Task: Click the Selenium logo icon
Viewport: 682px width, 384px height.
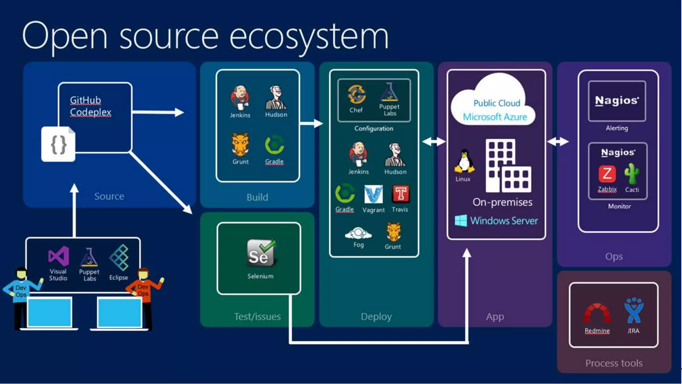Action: pyautogui.click(x=261, y=253)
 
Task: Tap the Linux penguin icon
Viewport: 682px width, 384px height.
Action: pyautogui.click(x=464, y=162)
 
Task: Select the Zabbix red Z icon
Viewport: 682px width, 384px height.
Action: pyautogui.click(x=607, y=174)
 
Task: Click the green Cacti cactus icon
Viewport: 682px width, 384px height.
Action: pyautogui.click(x=631, y=173)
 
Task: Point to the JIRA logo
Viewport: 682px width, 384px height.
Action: pyautogui.click(x=634, y=310)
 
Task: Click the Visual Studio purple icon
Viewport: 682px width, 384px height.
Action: pyautogui.click(x=59, y=256)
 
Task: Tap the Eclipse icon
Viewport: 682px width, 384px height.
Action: pyautogui.click(x=119, y=257)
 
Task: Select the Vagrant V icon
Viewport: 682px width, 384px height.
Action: pyautogui.click(x=373, y=194)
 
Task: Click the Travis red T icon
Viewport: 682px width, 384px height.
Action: pyautogui.click(x=401, y=194)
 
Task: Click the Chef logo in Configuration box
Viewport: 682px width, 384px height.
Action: pyautogui.click(x=356, y=94)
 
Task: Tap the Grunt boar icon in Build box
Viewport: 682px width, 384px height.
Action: pyautogui.click(x=240, y=145)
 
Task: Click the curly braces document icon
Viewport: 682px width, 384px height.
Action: pyautogui.click(x=58, y=144)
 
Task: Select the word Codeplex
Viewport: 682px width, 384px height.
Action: pyautogui.click(x=91, y=112)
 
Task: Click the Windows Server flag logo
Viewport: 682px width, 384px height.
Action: pyautogui.click(x=461, y=221)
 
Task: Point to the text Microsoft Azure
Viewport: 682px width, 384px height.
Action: pyautogui.click(x=495, y=117)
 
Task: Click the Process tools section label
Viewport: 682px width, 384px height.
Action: pyautogui.click(x=614, y=363)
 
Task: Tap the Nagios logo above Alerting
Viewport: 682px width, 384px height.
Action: pyautogui.click(x=617, y=100)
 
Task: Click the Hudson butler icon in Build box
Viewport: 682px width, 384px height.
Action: pyautogui.click(x=276, y=97)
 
